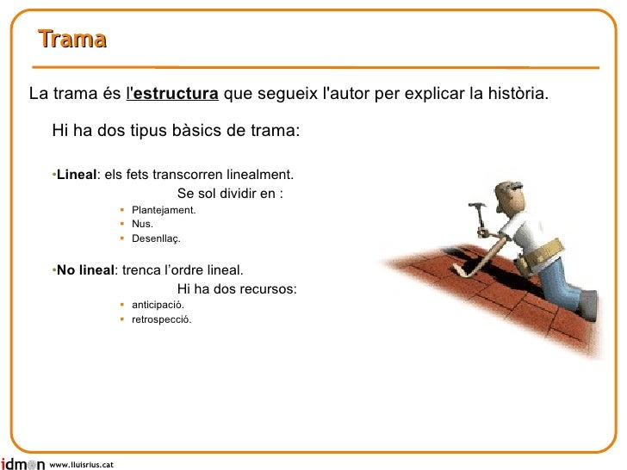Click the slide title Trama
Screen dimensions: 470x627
coord(72,40)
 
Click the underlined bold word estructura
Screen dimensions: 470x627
coord(175,93)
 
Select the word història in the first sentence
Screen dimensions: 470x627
coord(515,93)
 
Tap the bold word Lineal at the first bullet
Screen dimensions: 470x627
coord(76,175)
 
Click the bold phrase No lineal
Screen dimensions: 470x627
coord(84,269)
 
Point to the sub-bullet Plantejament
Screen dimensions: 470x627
coord(164,210)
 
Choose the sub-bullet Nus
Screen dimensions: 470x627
coord(142,224)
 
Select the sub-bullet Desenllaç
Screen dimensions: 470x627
coord(156,238)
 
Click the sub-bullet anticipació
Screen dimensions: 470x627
coord(158,305)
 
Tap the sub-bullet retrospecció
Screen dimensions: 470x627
coord(162,319)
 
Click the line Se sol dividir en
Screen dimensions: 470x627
coord(230,194)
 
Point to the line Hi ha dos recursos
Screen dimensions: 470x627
coord(237,289)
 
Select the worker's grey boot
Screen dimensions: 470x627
coord(588,304)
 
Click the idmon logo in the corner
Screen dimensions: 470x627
coord(22,464)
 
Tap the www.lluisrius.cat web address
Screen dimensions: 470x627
coord(82,465)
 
